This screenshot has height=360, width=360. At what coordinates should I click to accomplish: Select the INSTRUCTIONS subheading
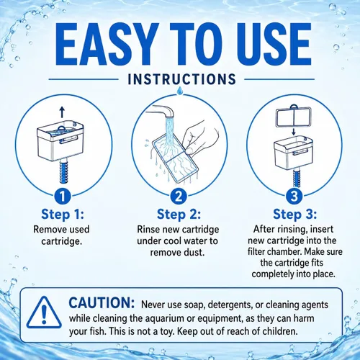tap(181, 79)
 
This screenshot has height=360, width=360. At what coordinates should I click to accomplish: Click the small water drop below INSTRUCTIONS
tap(179, 91)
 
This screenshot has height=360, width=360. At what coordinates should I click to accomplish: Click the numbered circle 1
tap(63, 197)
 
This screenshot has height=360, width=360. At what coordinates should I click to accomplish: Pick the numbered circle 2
tap(179, 197)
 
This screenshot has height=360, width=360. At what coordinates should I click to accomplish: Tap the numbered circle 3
tap(294, 197)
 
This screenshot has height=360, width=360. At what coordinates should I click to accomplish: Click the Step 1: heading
tap(63, 214)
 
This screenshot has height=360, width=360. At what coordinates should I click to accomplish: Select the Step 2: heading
tap(179, 214)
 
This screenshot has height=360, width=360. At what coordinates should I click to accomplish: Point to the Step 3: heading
tap(294, 214)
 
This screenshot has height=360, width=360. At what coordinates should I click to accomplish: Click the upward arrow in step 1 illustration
tap(62, 112)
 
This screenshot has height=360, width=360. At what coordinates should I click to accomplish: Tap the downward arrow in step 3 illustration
tap(294, 132)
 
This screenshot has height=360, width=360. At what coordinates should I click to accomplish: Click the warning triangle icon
tap(44, 312)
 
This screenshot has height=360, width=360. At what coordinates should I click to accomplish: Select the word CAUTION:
tap(102, 303)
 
